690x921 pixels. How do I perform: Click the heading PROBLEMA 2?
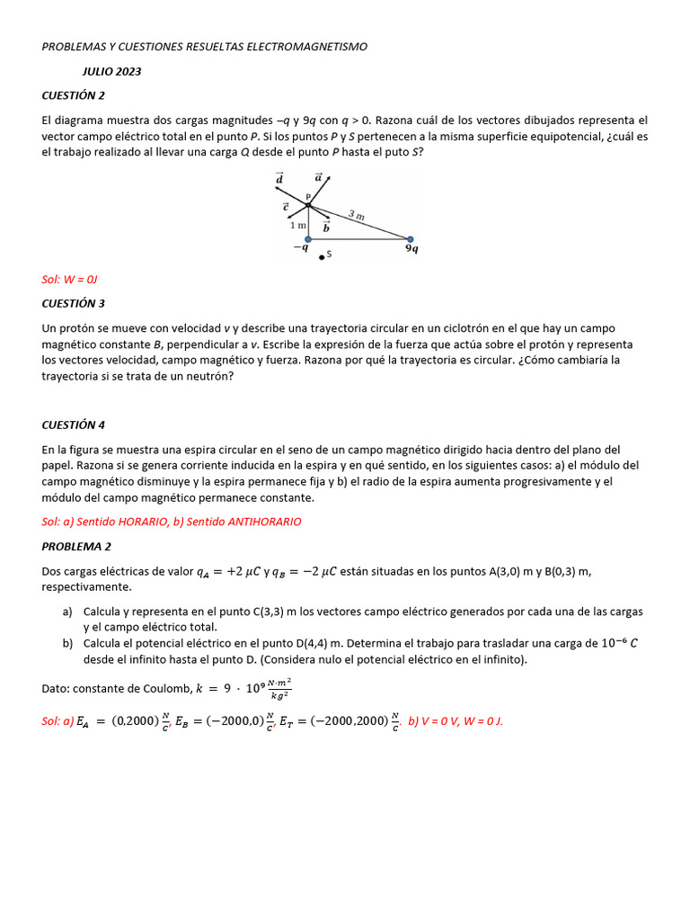pyautogui.click(x=76, y=546)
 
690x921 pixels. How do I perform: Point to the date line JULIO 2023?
pyautogui.click(x=112, y=71)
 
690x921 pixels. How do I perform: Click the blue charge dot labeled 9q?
pyautogui.click(x=410, y=239)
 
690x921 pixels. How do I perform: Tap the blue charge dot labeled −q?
pyautogui.click(x=308, y=239)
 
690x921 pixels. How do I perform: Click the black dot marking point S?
pyautogui.click(x=321, y=257)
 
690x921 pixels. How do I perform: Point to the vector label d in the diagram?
pyautogui.click(x=279, y=179)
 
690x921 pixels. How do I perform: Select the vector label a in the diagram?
pyautogui.click(x=319, y=178)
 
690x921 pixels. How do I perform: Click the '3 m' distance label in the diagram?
pyautogui.click(x=357, y=215)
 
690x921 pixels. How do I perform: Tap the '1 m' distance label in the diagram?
pyautogui.click(x=297, y=225)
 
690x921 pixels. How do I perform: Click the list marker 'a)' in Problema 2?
pyautogui.click(x=67, y=612)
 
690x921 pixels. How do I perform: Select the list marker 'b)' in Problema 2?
pyautogui.click(x=67, y=643)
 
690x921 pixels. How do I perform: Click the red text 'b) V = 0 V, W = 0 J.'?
pyautogui.click(x=456, y=720)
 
